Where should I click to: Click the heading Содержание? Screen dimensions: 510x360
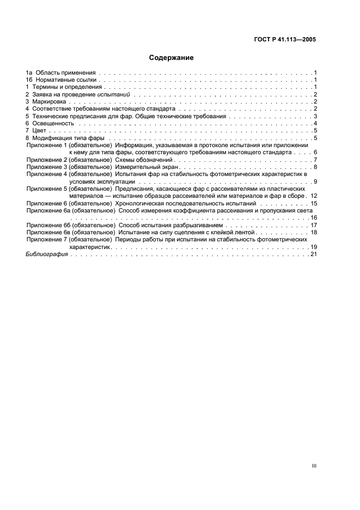[172, 57]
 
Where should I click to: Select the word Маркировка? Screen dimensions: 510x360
[50, 102]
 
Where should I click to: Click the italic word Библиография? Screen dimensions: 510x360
[47, 254]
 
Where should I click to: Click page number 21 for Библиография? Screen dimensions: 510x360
[313, 254]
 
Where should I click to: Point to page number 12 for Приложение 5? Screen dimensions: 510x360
[313, 196]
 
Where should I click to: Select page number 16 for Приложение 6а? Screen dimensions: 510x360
[313, 217]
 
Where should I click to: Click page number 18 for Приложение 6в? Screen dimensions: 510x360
[313, 232]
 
